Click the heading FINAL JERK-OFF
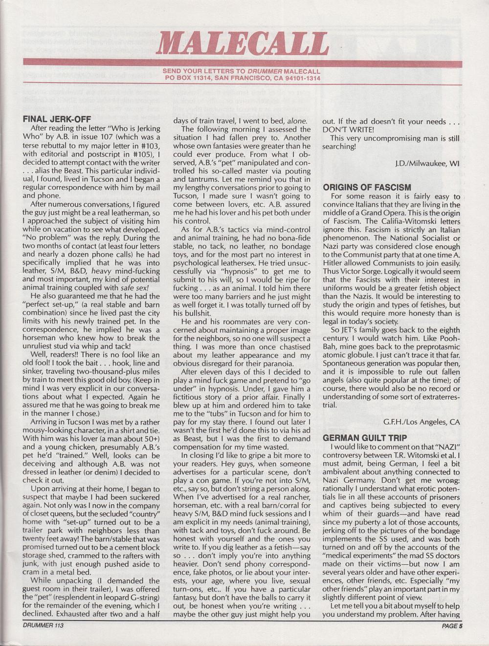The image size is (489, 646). (64, 119)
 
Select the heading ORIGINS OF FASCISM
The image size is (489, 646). (367, 187)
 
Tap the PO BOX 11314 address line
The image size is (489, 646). (243, 77)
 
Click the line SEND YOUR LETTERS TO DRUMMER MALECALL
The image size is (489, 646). (243, 71)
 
